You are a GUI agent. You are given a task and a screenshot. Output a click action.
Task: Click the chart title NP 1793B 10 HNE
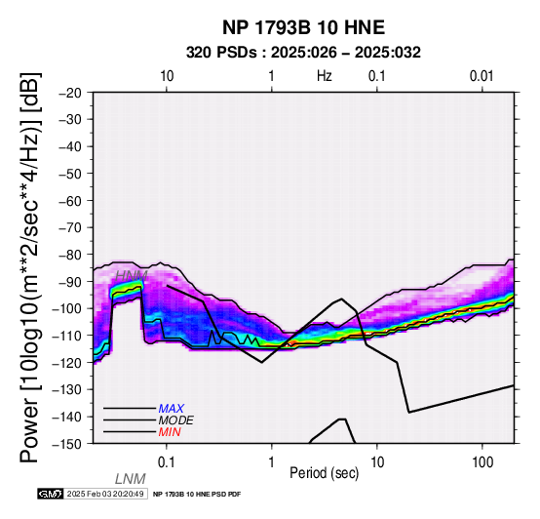point(303,27)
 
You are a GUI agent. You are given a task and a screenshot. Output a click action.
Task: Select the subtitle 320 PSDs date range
point(303,53)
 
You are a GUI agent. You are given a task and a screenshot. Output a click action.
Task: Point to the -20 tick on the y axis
point(70,93)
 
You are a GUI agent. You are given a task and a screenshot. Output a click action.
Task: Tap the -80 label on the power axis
point(70,255)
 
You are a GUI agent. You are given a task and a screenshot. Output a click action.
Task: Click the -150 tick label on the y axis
point(67,444)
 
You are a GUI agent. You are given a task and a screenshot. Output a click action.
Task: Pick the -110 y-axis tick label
point(67,336)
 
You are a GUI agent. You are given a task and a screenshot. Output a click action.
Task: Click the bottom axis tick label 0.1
point(167,462)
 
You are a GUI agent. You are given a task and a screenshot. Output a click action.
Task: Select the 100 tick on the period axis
point(482,462)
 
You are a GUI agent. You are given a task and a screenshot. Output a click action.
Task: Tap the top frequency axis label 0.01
point(482,76)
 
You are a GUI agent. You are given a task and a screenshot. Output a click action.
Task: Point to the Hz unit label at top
point(324,76)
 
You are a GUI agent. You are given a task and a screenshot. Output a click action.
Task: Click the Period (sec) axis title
point(324,473)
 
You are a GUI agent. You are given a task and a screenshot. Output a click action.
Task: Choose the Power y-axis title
point(30,267)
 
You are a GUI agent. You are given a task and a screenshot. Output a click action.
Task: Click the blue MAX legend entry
point(171,409)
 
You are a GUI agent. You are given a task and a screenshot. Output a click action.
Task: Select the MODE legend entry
point(176,420)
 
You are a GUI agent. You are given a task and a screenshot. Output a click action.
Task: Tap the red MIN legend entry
point(170,432)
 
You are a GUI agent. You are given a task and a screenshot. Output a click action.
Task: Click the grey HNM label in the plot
point(132,276)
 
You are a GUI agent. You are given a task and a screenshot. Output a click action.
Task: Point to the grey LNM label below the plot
point(131,479)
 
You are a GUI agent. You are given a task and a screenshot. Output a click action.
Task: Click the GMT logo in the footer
point(51,494)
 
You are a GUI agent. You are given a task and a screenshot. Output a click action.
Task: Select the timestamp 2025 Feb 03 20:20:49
point(105,494)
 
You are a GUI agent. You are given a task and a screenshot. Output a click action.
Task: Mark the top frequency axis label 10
point(167,76)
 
